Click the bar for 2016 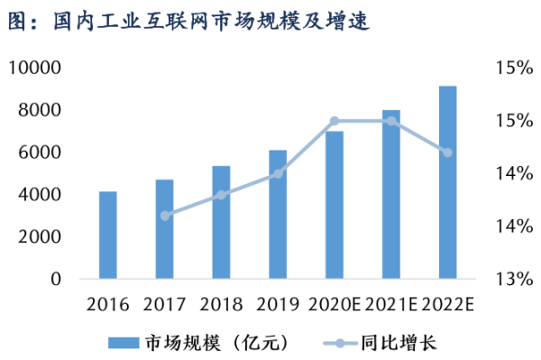point(108,235)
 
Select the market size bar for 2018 point(221,222)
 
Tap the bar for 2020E point(335,205)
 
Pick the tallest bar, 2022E point(447,182)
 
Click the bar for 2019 point(278,214)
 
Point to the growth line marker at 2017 point(164,216)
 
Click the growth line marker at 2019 point(278,173)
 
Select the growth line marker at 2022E point(447,152)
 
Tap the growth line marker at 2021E point(390,121)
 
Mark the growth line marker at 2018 point(221,195)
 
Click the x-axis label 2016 point(108,304)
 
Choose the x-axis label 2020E point(335,304)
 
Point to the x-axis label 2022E point(447,304)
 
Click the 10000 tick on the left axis point(35,68)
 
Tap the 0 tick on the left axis point(56,280)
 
